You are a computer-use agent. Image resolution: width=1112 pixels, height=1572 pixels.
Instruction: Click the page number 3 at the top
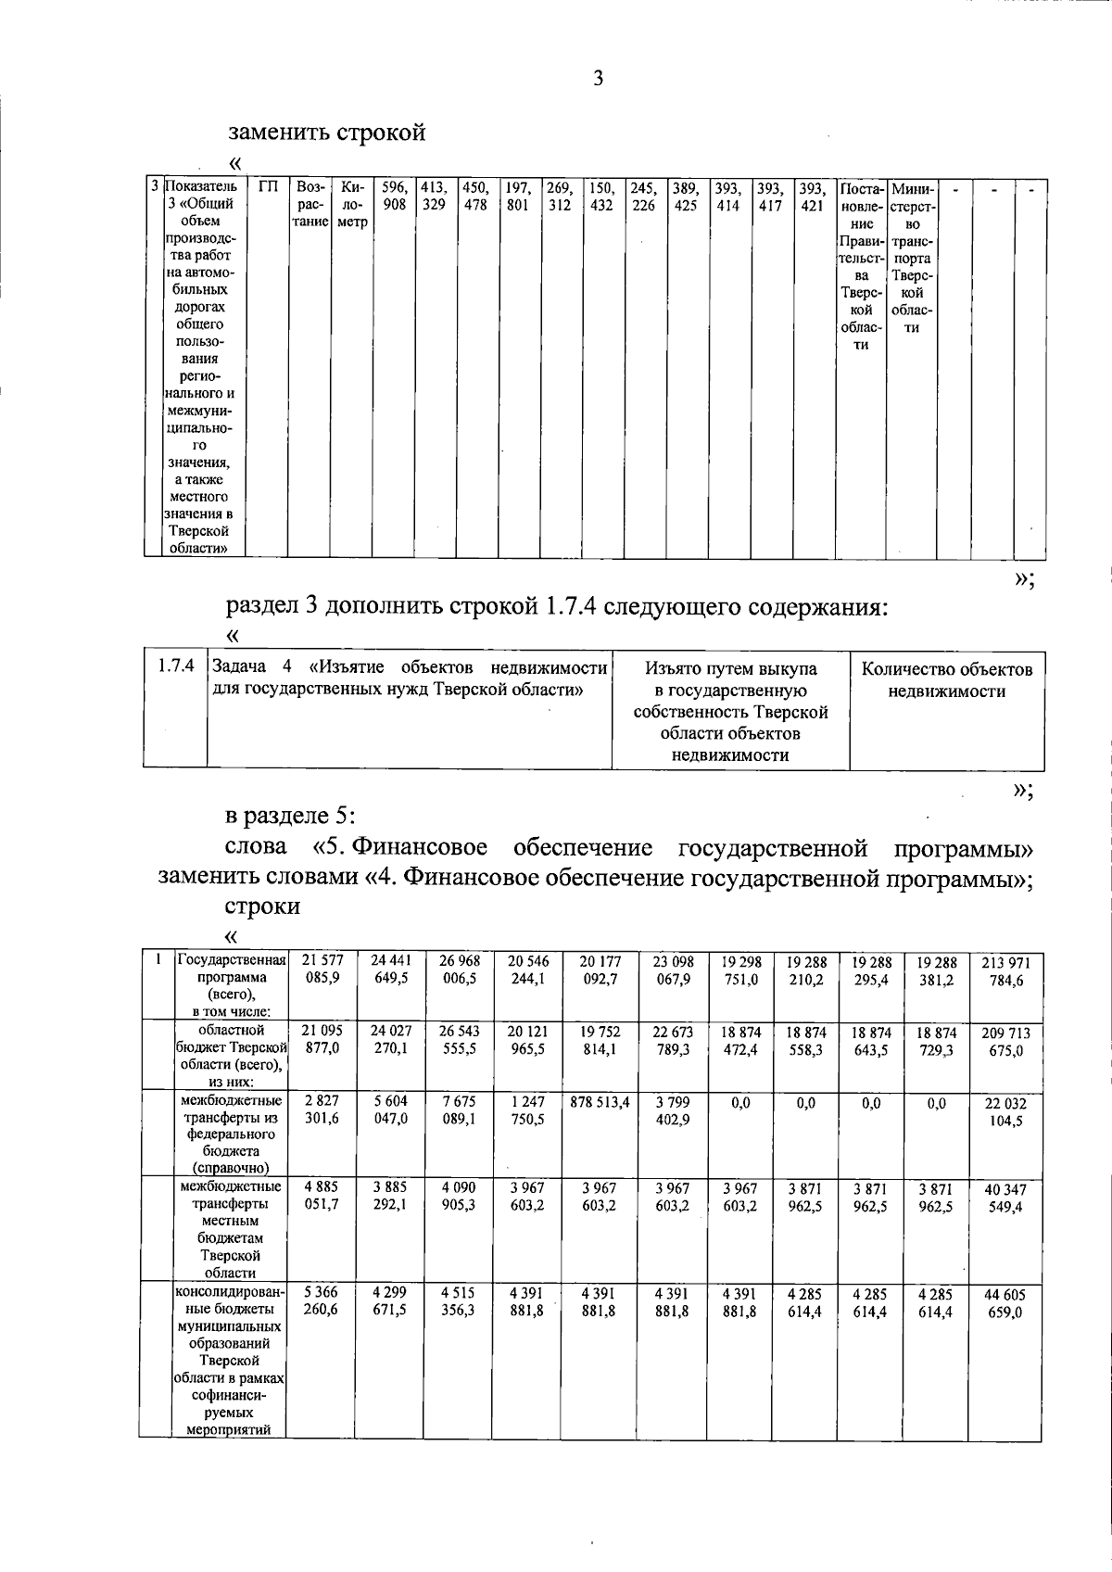[x=598, y=79]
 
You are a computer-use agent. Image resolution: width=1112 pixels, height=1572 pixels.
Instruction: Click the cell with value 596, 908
[x=394, y=196]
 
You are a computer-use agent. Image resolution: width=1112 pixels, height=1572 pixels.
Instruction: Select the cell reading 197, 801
[x=518, y=196]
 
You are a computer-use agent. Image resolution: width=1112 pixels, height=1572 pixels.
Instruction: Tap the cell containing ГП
[x=268, y=188]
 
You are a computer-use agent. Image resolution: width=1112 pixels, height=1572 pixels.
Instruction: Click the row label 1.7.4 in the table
[x=175, y=666]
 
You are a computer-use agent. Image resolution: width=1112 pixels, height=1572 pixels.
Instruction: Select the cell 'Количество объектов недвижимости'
[x=946, y=679]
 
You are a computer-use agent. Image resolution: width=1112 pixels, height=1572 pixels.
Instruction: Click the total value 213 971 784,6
[x=1005, y=972]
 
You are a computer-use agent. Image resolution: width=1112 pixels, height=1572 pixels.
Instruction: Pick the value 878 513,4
[x=599, y=1102]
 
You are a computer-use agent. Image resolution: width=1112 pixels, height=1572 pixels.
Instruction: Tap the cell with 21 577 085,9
[x=321, y=970]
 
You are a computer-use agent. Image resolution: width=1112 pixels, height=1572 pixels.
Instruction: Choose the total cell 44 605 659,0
[x=1005, y=1303]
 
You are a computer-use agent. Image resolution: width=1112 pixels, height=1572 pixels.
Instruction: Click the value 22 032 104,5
[x=1005, y=1112]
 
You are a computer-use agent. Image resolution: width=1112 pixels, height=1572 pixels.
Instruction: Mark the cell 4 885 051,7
[x=321, y=1197]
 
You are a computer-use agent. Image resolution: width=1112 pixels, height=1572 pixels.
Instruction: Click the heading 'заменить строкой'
[x=326, y=132]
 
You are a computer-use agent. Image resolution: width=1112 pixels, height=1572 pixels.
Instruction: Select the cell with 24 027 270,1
[x=390, y=1041]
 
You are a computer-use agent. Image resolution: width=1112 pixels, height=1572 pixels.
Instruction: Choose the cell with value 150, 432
[x=601, y=196]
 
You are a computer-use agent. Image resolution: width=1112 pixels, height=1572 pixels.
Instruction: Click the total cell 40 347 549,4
[x=1005, y=1198]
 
